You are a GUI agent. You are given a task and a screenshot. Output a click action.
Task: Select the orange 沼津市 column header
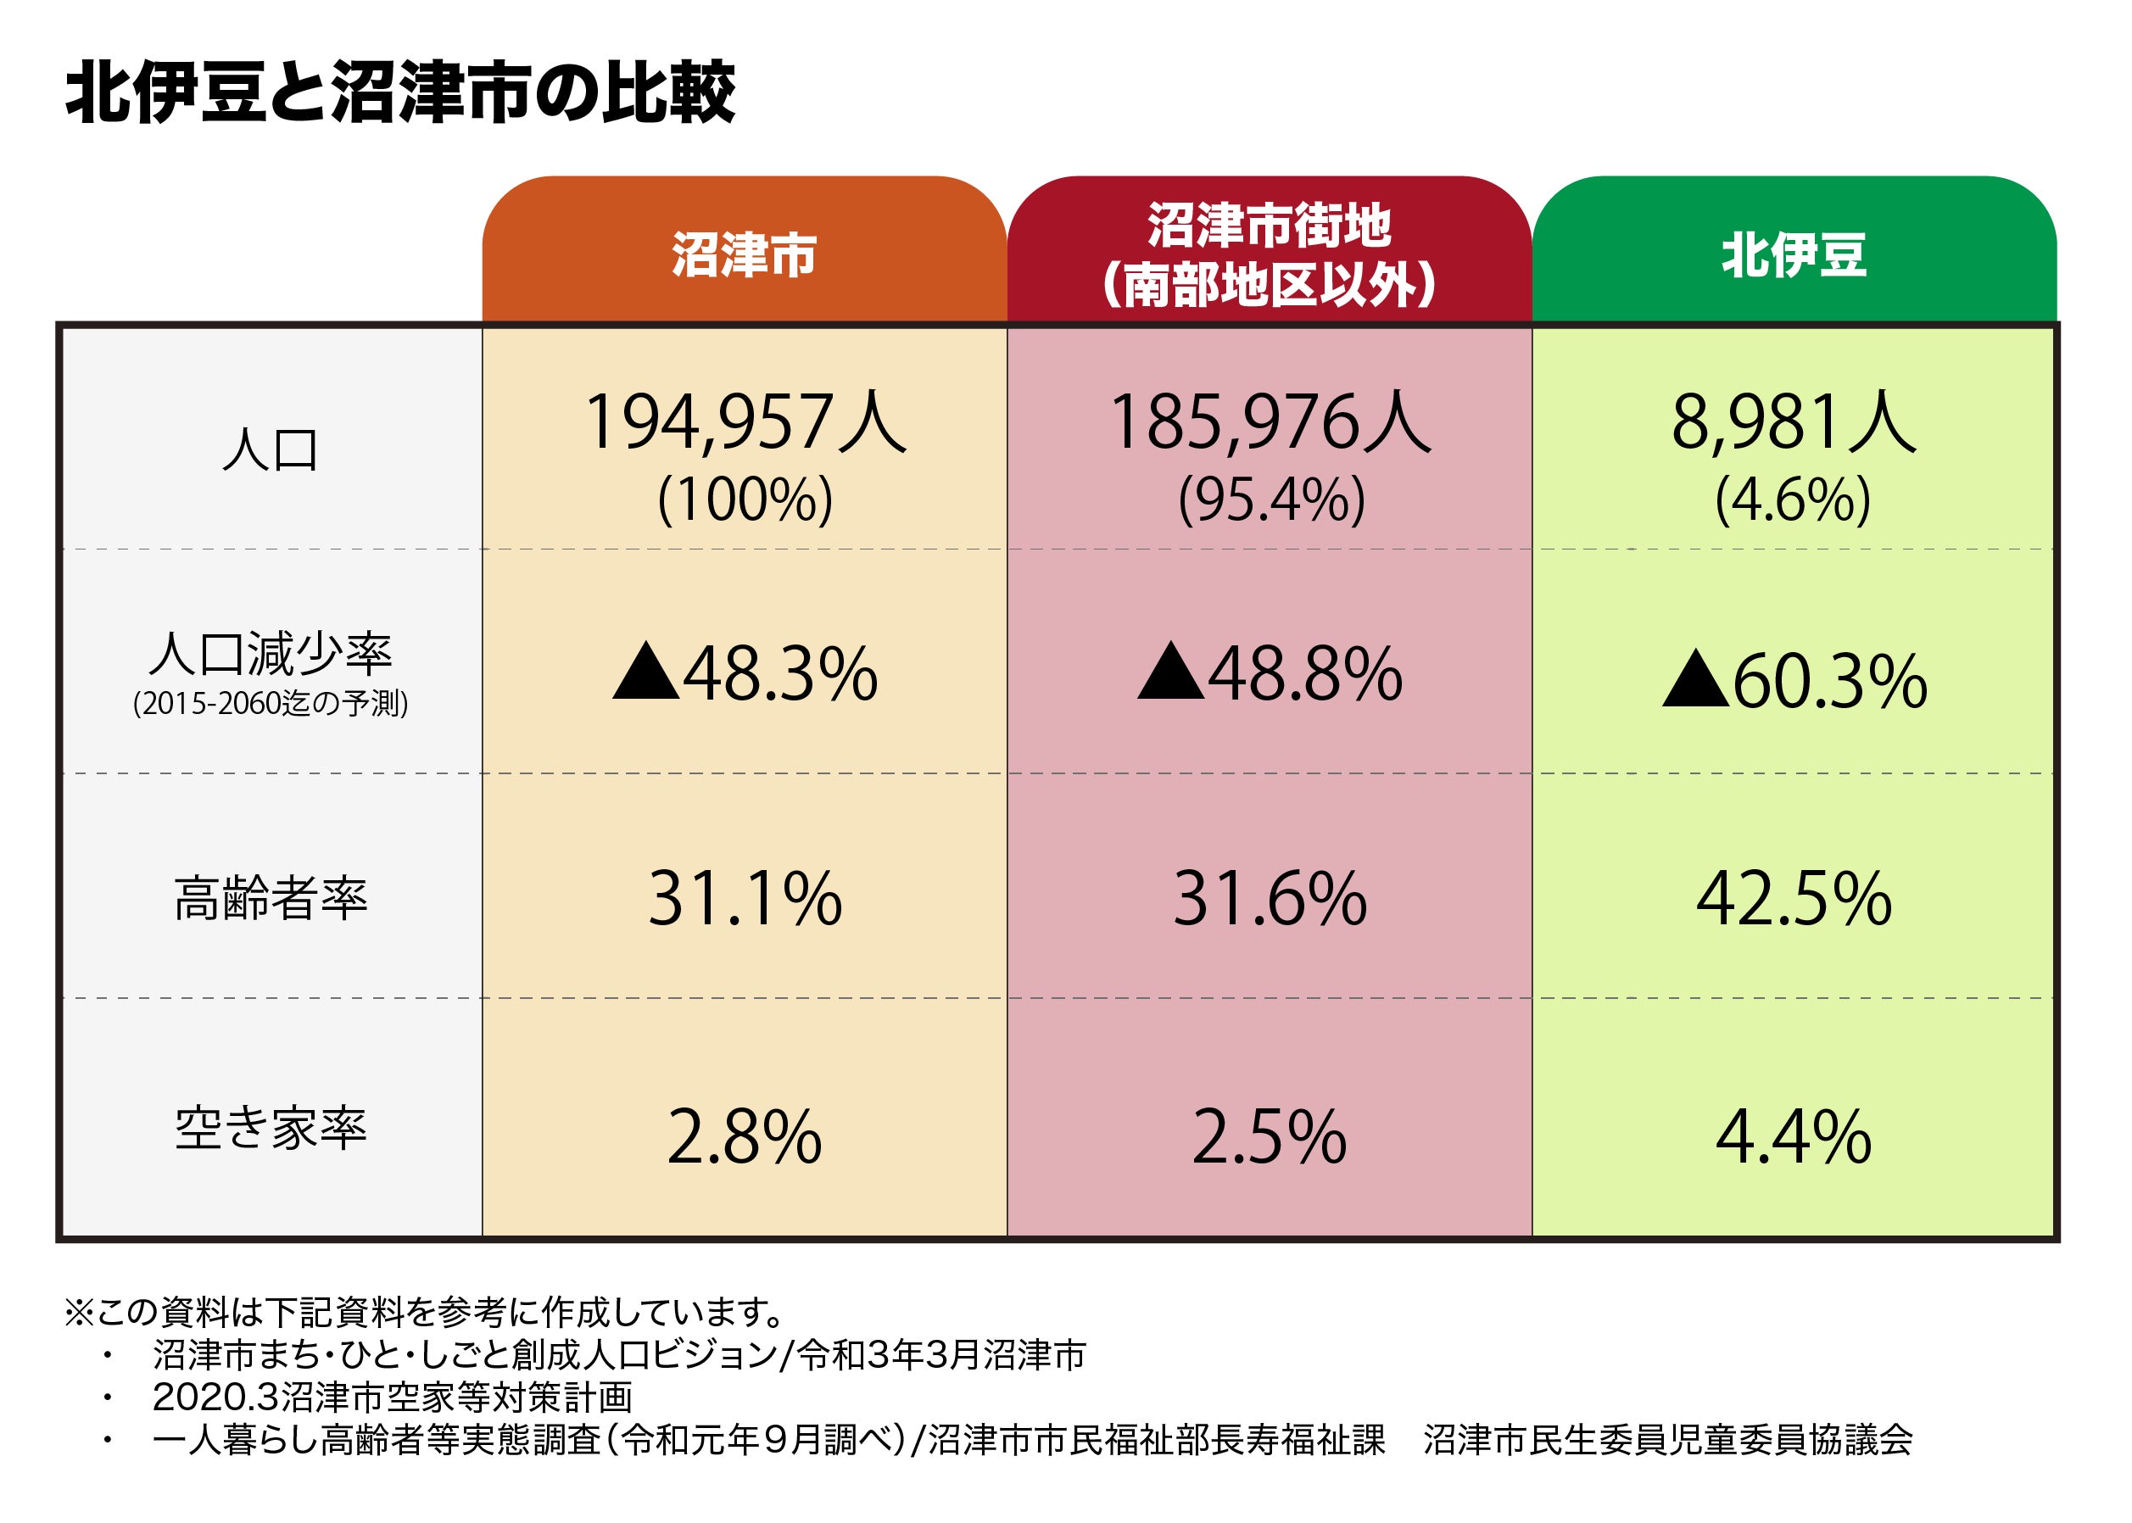point(744,254)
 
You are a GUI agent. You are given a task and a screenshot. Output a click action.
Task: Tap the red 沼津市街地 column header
point(1268,254)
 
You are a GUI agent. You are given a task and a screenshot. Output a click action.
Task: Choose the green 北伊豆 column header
point(1794,254)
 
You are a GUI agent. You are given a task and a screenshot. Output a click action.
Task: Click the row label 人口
point(271,450)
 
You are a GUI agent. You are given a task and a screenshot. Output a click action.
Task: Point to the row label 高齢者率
point(271,897)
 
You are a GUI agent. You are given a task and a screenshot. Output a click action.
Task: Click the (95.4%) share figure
point(1271,499)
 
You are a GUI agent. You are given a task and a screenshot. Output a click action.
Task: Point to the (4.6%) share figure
point(1793,499)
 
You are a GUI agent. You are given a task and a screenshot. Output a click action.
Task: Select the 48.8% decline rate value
point(1303,673)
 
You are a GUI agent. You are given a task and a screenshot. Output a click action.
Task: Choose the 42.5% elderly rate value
point(1794,898)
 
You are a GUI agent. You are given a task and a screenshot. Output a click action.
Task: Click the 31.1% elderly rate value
point(745,898)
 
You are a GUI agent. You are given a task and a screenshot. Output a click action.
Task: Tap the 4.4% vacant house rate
point(1794,1137)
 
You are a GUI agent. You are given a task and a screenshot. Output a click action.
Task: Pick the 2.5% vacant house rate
point(1269,1137)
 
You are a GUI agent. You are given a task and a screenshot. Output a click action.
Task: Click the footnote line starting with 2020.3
point(392,1397)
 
